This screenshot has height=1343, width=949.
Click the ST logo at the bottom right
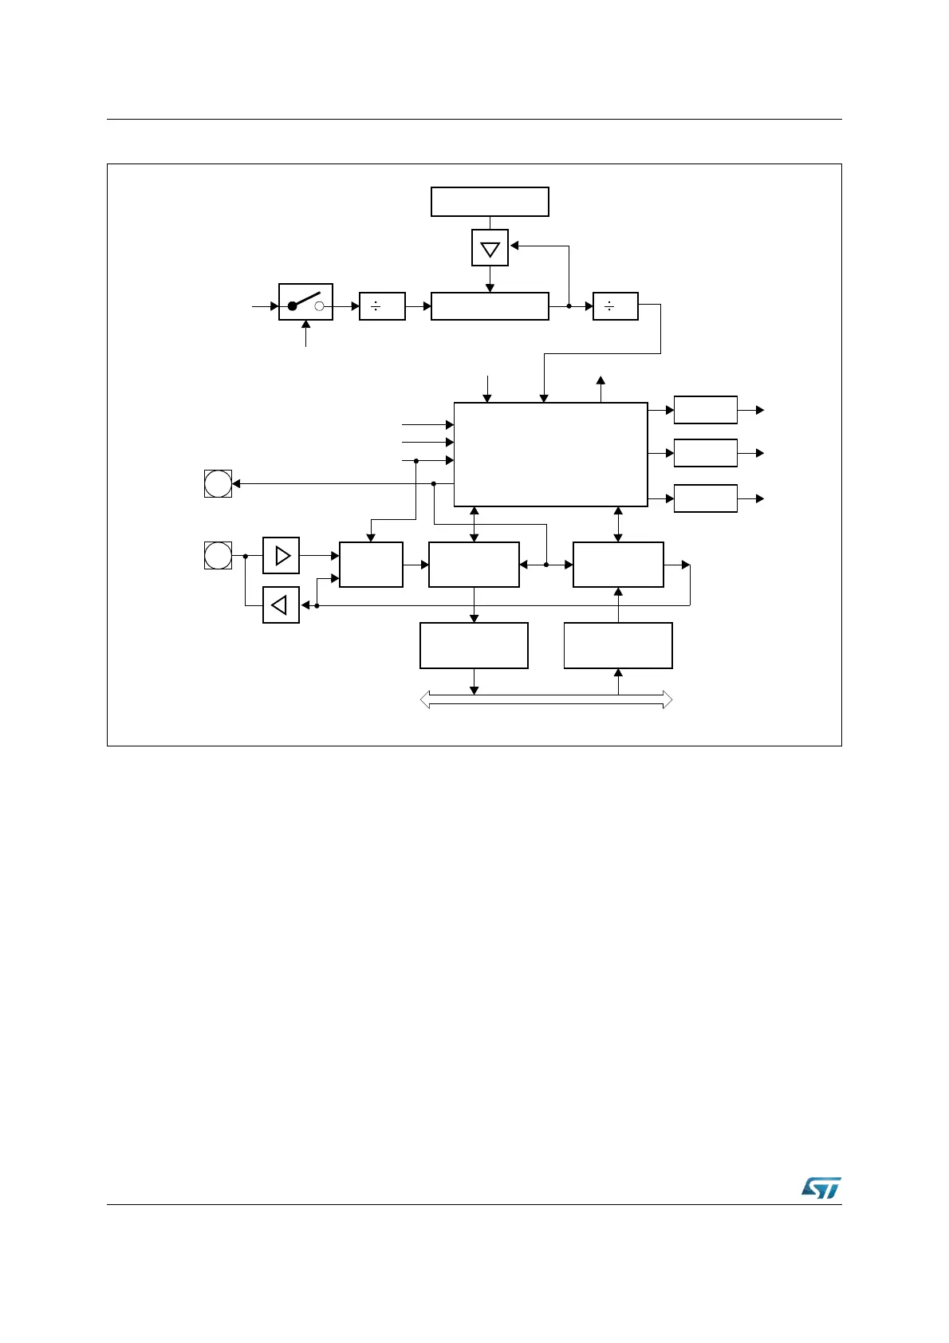(821, 1188)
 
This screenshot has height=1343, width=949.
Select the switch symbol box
(305, 302)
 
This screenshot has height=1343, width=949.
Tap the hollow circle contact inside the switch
(319, 306)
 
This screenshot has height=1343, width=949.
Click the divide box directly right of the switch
(382, 306)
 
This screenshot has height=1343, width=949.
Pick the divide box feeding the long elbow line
(616, 306)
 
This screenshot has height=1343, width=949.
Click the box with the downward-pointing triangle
(490, 248)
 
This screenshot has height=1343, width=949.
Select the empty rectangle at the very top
(490, 202)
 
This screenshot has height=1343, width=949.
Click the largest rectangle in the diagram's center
(550, 454)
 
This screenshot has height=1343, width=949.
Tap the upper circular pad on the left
(218, 483)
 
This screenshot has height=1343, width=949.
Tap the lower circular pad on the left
(218, 555)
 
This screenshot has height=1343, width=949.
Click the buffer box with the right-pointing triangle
(281, 555)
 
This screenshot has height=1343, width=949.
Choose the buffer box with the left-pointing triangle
(281, 605)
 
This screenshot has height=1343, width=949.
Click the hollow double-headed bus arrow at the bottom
(546, 700)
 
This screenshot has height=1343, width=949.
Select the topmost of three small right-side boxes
(705, 410)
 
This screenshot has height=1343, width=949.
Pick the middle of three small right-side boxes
(705, 453)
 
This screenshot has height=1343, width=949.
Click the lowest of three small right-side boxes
(705, 498)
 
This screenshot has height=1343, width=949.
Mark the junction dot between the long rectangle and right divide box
(569, 306)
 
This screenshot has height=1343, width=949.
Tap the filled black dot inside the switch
(293, 306)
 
